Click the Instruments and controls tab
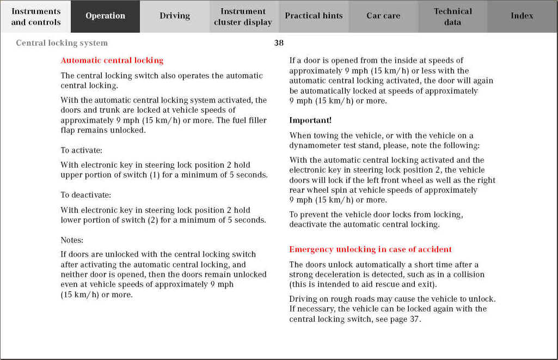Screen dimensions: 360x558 (x=36, y=16)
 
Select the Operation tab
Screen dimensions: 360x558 (x=105, y=16)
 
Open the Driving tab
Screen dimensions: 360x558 (x=175, y=16)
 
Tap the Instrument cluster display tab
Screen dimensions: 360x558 (x=243, y=16)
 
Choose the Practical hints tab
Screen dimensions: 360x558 (x=314, y=16)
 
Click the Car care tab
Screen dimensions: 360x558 (x=383, y=16)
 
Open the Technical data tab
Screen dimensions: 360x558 (x=452, y=16)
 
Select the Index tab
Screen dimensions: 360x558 (x=522, y=16)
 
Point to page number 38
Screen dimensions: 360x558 (x=279, y=43)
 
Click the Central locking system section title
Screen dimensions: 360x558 (x=62, y=43)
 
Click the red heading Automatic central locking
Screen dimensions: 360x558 (x=112, y=60)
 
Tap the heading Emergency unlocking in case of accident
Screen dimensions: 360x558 (x=370, y=249)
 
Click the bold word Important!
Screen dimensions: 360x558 (x=310, y=120)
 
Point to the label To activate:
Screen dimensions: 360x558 (x=82, y=150)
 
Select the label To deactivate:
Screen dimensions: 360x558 (x=86, y=195)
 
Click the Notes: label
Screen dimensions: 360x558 (x=72, y=240)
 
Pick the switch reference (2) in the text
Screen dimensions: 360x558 (x=152, y=220)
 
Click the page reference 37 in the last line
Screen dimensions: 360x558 (x=414, y=319)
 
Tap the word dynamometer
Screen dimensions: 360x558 (x=315, y=145)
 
